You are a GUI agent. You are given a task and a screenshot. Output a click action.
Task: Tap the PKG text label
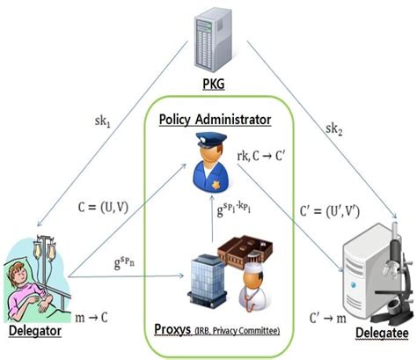click(208, 85)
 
